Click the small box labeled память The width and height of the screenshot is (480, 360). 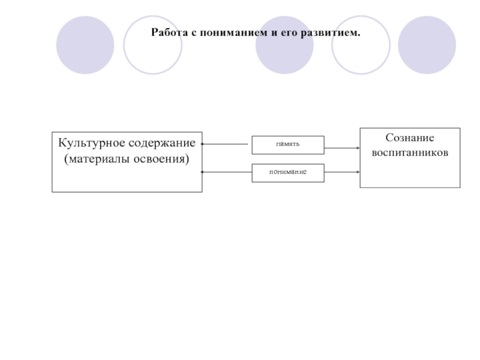[x=287, y=145]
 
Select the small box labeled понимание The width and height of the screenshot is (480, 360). [x=287, y=173]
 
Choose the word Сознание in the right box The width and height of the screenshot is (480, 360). [x=410, y=138]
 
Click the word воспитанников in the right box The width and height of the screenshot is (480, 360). [x=410, y=153]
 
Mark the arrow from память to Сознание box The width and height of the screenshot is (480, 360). [x=342, y=145]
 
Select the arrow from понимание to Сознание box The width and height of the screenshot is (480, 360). [x=342, y=173]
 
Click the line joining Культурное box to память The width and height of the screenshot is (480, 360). [x=226, y=145]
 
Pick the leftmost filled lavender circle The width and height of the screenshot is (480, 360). [x=85, y=45]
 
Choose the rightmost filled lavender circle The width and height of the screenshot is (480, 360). [x=427, y=45]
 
